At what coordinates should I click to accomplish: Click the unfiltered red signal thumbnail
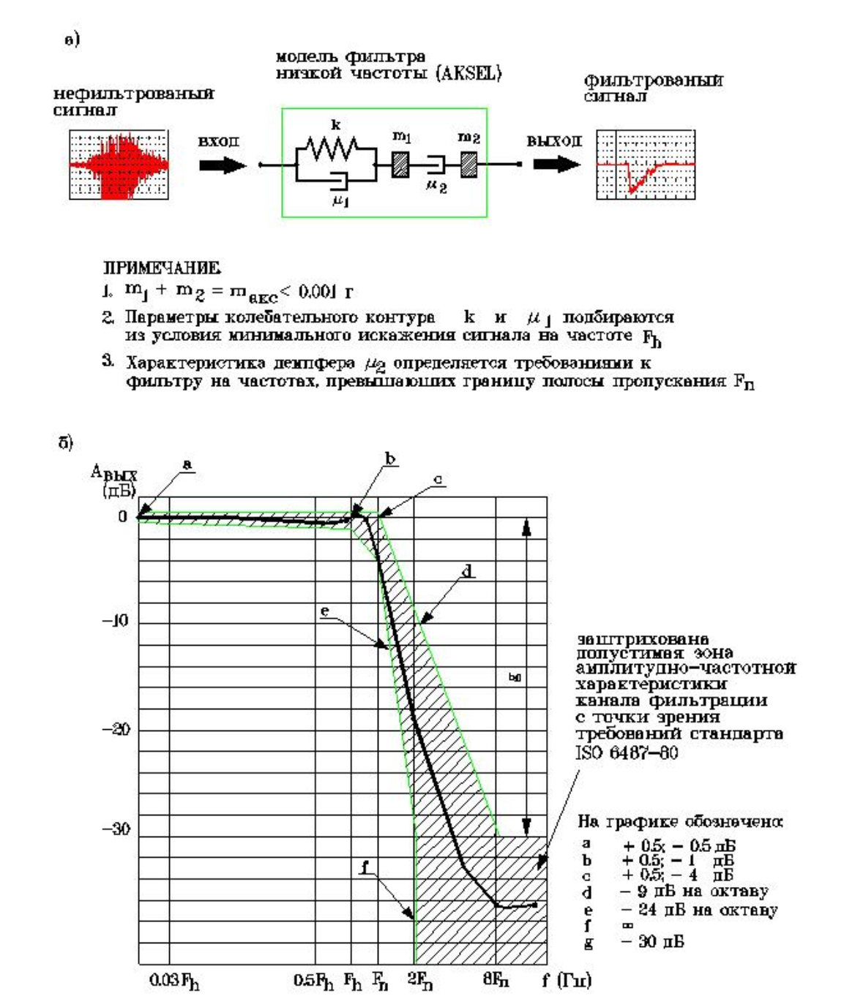click(119, 165)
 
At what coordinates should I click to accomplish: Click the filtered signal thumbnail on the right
click(645, 165)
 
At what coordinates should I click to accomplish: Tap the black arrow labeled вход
click(223, 165)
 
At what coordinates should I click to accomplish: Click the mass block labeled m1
click(400, 164)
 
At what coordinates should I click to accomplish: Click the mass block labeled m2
click(468, 164)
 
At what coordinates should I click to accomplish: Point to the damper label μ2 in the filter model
click(436, 186)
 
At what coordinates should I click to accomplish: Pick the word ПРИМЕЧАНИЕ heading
click(161, 268)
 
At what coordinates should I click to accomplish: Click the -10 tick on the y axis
click(115, 622)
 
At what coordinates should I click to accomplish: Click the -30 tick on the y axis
click(116, 829)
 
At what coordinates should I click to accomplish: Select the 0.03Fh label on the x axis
click(174, 980)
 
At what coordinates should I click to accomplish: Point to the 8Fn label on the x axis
click(496, 980)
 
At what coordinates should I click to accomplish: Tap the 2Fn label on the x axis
click(420, 980)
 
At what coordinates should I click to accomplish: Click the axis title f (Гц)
click(566, 979)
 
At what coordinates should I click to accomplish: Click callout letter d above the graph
click(467, 571)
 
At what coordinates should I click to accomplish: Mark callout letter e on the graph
click(325, 611)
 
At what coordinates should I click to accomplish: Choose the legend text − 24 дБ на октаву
click(698, 910)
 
